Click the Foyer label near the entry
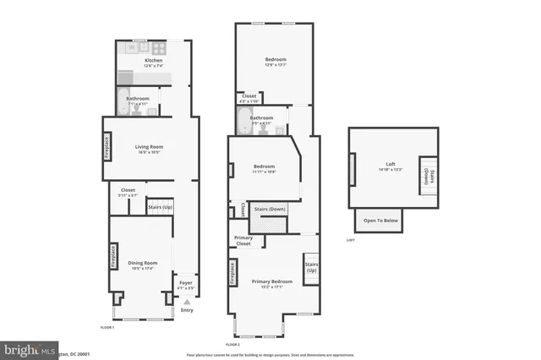tap(185, 283)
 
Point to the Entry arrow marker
tap(187, 301)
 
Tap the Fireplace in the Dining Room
tap(113, 256)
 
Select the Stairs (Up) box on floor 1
tap(160, 206)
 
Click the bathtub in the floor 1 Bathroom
tap(123, 95)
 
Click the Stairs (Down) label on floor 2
tap(270, 209)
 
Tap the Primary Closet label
tap(243, 241)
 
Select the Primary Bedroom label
tap(272, 281)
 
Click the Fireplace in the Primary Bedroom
tap(231, 273)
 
